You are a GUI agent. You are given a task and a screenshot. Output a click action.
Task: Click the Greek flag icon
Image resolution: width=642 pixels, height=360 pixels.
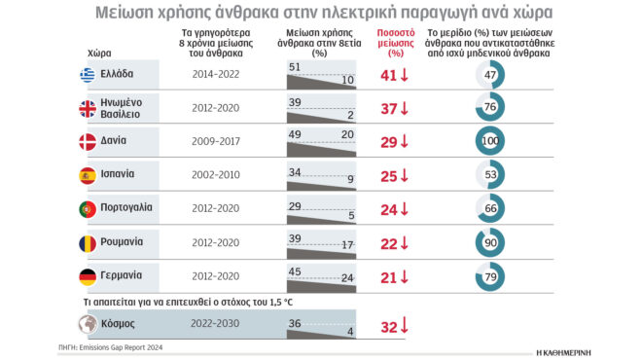point(89,75)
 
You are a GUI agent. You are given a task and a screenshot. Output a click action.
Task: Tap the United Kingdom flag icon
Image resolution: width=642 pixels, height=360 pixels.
point(89,108)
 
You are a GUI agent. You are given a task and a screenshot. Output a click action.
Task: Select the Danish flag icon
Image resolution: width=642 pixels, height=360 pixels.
point(89,141)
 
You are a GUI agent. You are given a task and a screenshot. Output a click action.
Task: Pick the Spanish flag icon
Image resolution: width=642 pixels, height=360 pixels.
point(89,175)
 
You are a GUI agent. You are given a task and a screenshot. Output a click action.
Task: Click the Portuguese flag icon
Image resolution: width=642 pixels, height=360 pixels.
point(89,209)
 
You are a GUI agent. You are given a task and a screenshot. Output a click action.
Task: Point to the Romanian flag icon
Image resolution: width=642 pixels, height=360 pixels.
point(89,242)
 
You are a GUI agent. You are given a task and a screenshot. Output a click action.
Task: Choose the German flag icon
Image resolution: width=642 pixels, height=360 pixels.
point(89,275)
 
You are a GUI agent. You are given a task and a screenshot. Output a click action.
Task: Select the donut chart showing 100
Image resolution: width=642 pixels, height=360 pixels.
point(492,142)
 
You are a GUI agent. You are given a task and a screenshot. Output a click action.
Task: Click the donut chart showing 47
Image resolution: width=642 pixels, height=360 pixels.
point(492,75)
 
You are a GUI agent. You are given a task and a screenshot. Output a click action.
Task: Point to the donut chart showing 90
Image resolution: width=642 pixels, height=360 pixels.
point(492,243)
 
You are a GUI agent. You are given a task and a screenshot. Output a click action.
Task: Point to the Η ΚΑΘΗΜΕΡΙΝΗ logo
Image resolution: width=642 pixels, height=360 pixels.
point(577,349)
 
